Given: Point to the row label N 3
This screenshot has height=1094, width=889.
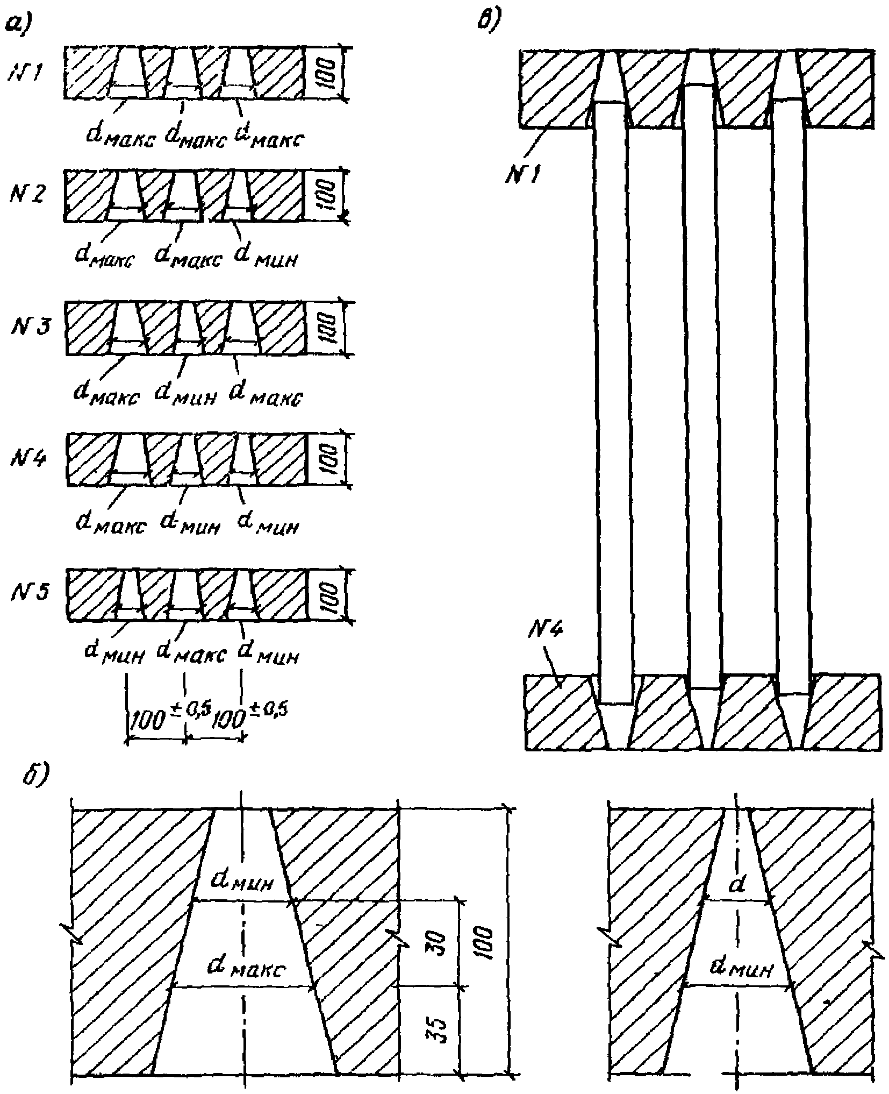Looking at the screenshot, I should coord(30,326).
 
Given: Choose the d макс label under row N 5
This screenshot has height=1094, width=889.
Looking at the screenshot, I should coord(191,653).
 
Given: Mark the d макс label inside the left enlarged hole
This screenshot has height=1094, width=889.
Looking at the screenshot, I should coord(247,969).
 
